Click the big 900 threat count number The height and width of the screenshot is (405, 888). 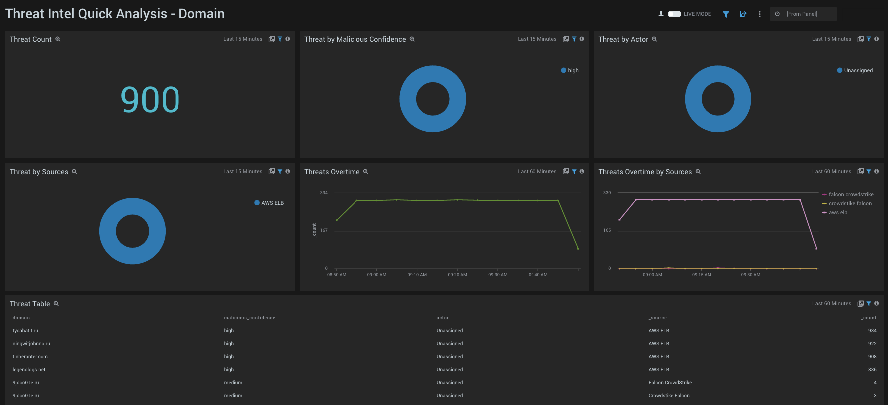click(x=150, y=100)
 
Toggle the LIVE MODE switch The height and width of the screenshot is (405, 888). click(x=674, y=14)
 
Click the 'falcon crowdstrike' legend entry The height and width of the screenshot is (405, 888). click(x=850, y=195)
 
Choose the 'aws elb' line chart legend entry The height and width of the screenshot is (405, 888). click(x=838, y=213)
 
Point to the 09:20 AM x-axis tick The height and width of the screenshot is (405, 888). click(x=457, y=275)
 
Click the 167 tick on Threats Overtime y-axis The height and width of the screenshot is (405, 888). click(x=324, y=230)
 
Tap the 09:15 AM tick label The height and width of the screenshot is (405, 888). click(x=702, y=275)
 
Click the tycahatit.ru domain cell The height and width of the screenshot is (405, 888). click(x=25, y=331)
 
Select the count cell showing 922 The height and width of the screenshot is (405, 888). click(x=872, y=344)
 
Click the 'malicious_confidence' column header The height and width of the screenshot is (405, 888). click(x=249, y=318)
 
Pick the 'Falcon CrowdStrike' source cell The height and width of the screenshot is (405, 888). click(x=670, y=383)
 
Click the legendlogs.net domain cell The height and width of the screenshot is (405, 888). click(x=29, y=370)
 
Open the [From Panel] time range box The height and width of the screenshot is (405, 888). click(x=803, y=14)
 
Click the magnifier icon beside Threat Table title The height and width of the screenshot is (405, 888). click(x=56, y=304)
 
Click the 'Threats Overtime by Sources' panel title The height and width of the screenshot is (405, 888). click(x=645, y=172)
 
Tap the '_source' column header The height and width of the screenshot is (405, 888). click(x=657, y=318)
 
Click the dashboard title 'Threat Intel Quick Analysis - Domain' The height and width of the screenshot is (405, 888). click(x=115, y=14)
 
